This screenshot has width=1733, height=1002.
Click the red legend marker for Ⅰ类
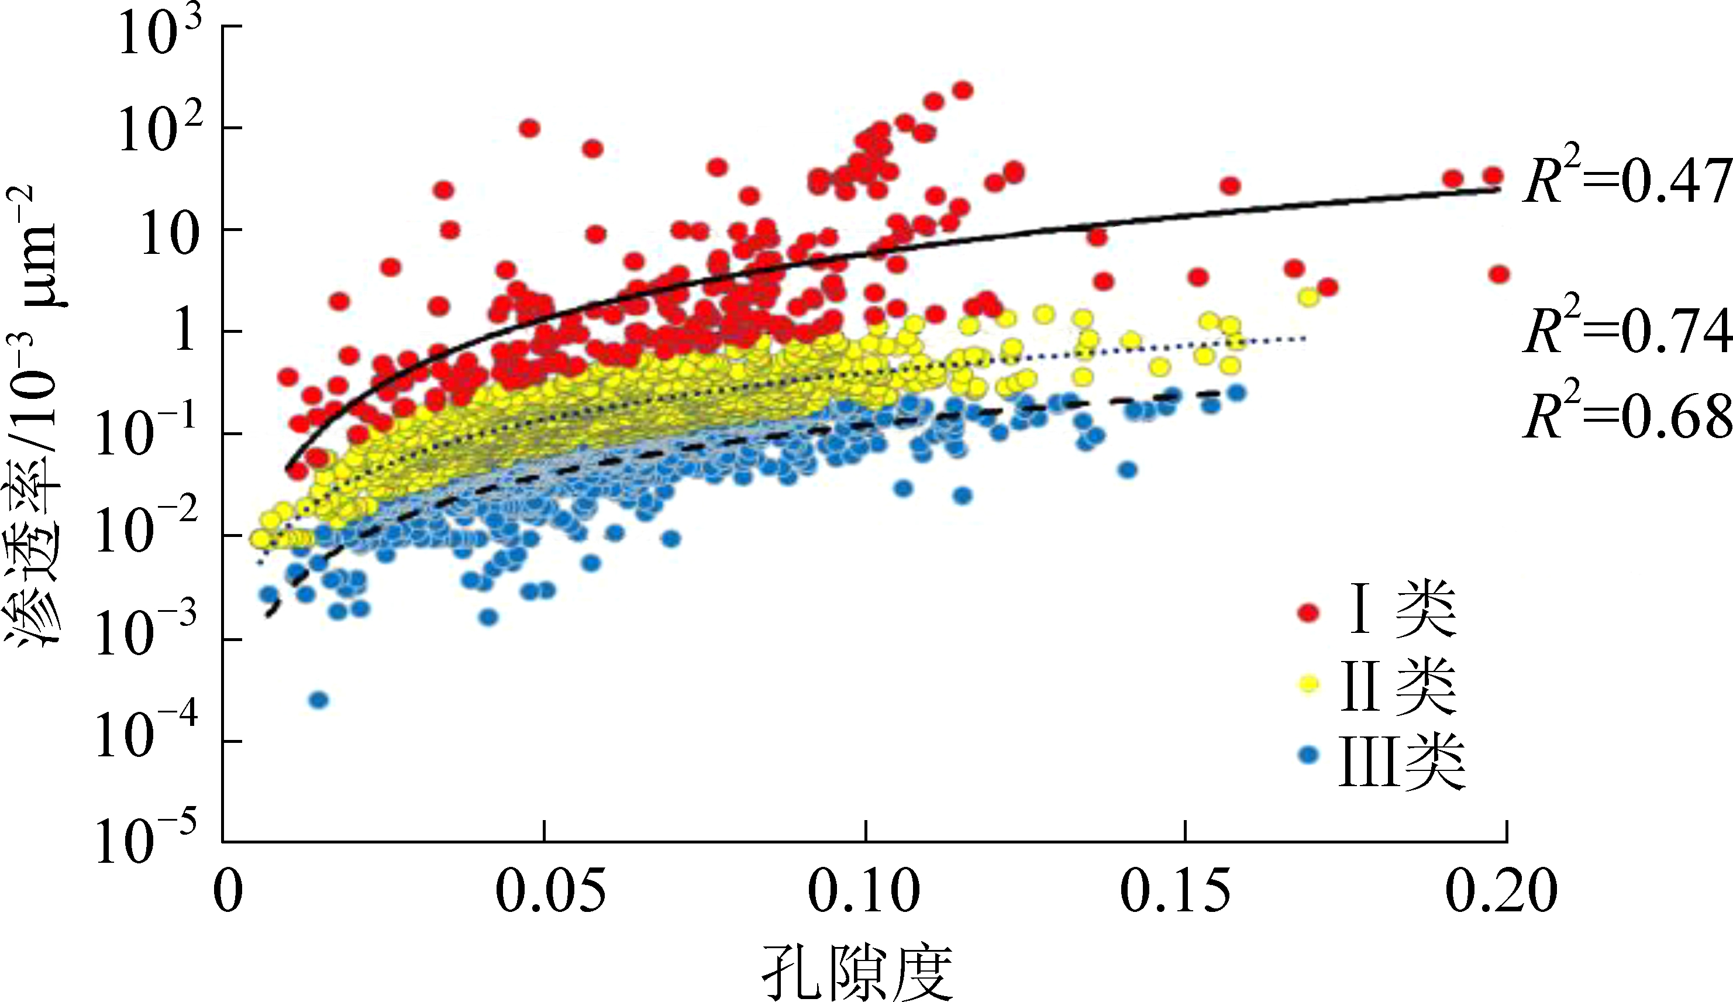1308,611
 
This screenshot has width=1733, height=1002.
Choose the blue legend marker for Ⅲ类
1308,755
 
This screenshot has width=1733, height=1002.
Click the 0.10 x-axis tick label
864,892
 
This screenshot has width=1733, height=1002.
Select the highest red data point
963,90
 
